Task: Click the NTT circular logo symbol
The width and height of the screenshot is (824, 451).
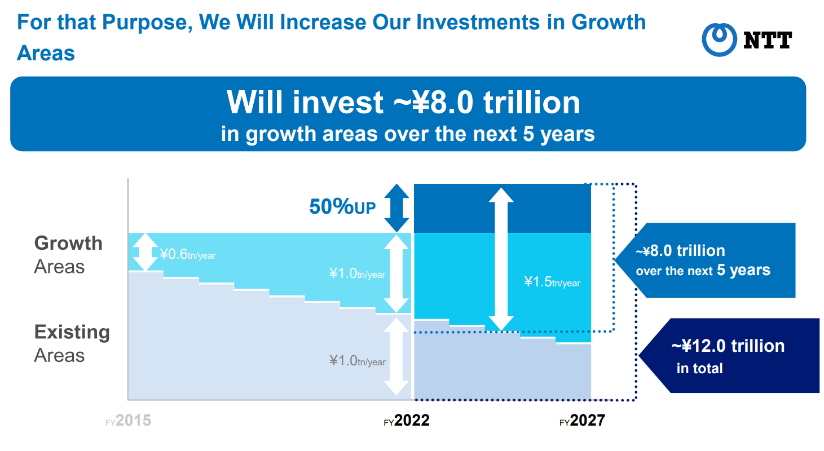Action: [719, 39]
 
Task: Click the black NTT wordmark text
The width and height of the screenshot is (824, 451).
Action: [768, 40]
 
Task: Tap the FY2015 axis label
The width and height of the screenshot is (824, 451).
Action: [128, 421]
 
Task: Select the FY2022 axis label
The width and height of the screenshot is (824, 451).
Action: [407, 421]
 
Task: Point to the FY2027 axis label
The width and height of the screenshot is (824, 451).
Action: [582, 421]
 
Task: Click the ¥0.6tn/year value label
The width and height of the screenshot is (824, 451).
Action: [188, 254]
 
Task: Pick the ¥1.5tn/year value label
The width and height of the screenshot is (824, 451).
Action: [552, 282]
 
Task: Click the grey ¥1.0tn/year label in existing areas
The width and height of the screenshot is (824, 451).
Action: [357, 361]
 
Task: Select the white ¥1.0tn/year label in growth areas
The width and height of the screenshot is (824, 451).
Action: [357, 273]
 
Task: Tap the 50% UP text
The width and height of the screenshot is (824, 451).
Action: [342, 206]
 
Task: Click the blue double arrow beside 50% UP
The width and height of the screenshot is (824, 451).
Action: [396, 208]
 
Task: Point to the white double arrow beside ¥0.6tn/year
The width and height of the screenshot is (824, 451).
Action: [146, 252]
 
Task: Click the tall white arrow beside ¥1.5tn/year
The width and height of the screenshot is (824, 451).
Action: [501, 259]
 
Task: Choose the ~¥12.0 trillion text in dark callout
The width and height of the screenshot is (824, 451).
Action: [728, 346]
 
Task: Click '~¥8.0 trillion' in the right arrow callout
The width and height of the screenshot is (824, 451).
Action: [681, 251]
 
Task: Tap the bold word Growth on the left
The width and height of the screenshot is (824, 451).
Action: [68, 244]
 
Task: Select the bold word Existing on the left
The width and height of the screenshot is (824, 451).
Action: [72, 333]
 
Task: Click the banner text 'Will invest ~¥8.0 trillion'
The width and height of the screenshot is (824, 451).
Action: [403, 102]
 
